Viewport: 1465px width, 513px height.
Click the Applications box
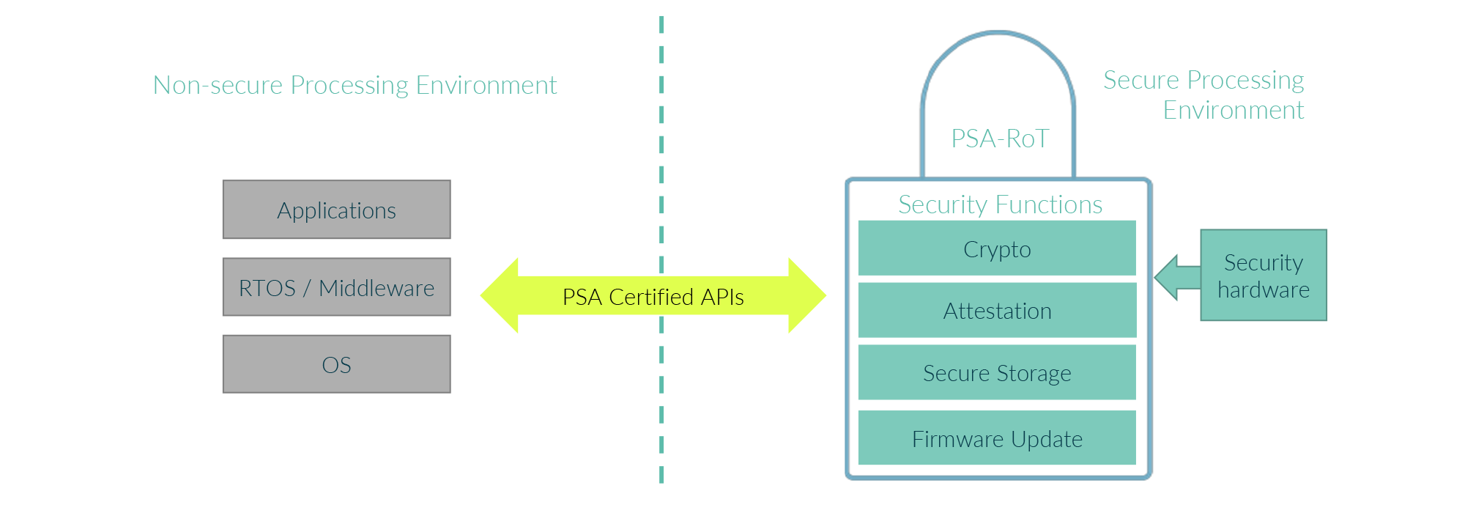[336, 210]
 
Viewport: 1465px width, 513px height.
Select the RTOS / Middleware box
[336, 287]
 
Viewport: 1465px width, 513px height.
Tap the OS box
[336, 364]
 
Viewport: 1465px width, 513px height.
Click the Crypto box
[996, 249]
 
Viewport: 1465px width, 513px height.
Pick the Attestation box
[996, 311]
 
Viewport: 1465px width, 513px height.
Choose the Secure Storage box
[996, 373]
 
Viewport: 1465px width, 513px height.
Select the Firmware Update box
[996, 438]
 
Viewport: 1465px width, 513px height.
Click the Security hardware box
[1263, 276]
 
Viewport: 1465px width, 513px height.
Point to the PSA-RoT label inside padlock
[1000, 139]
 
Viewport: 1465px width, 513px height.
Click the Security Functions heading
[1000, 204]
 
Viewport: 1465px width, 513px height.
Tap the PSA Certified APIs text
[653, 297]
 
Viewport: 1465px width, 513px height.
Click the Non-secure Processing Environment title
[355, 85]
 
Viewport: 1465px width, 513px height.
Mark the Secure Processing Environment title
[1203, 95]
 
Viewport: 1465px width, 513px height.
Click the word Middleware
[377, 288]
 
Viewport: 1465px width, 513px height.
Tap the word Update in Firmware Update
[1047, 439]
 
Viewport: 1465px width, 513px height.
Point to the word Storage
[1033, 374]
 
